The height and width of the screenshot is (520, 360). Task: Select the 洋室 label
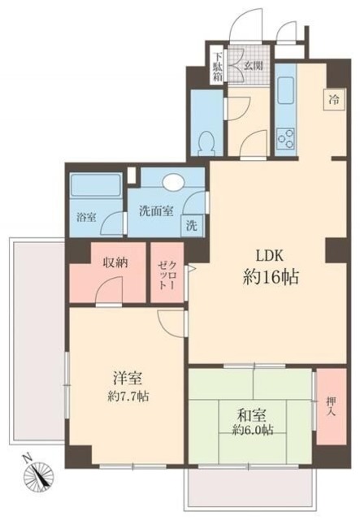(128, 378)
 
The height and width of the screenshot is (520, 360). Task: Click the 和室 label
(249, 411)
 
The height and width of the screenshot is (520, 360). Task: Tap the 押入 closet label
(330, 406)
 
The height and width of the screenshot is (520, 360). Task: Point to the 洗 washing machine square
(192, 224)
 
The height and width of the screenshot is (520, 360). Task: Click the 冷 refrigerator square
(333, 99)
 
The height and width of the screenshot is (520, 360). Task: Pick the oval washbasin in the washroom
(174, 183)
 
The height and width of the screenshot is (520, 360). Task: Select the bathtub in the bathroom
(92, 185)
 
